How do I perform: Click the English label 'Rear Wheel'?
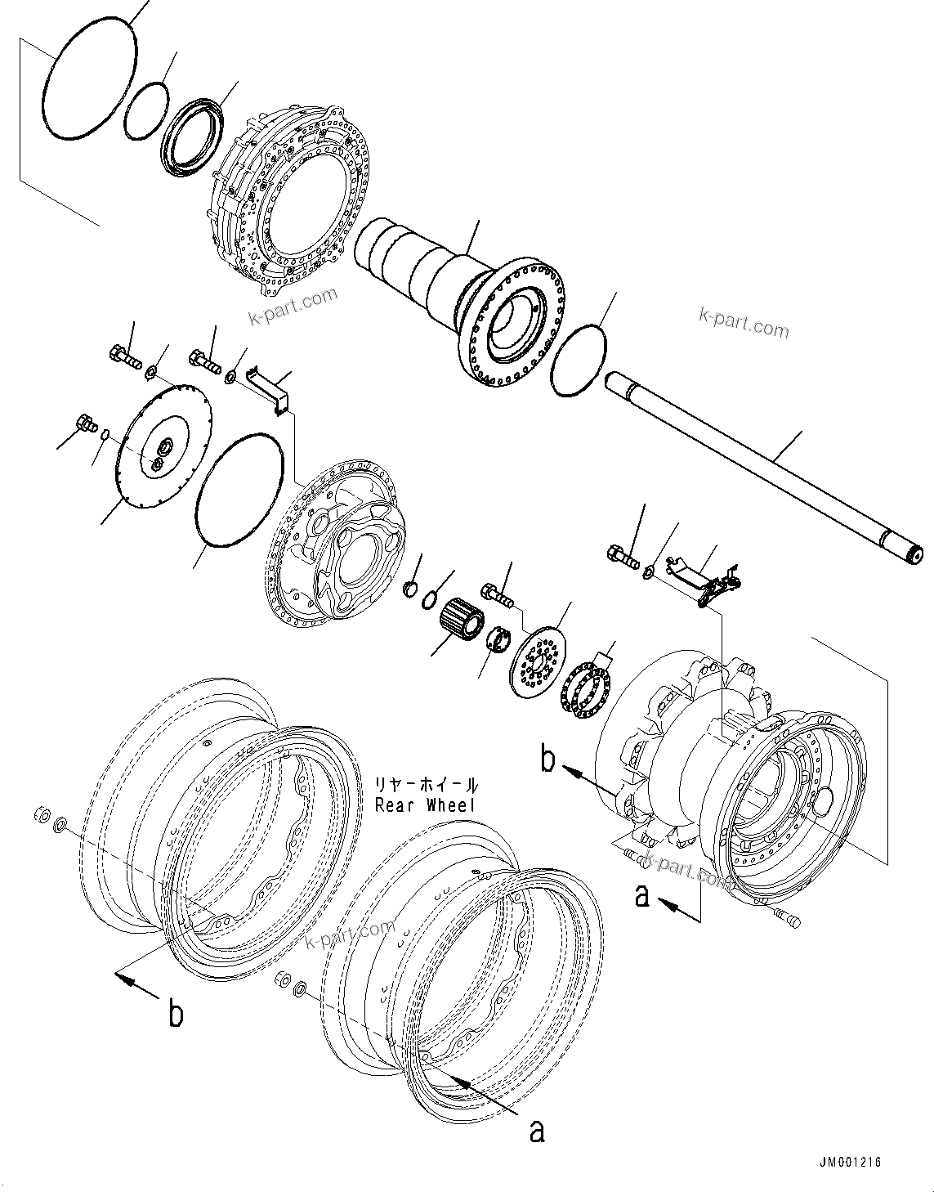coord(426,804)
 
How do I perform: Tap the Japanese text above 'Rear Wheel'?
coord(426,785)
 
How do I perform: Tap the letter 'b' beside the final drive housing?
coord(548,760)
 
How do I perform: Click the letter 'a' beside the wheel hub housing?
coord(643,897)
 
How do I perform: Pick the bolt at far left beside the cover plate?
coord(83,423)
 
